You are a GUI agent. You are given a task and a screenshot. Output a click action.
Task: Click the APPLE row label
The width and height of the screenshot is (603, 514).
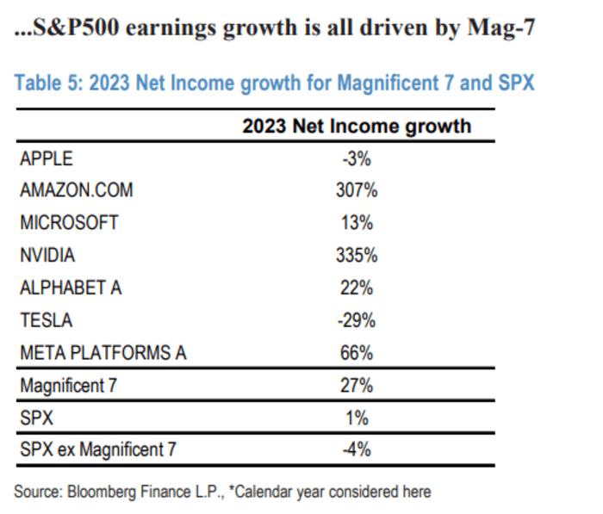(47, 158)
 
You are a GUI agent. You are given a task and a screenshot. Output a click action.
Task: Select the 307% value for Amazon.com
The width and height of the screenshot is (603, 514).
(356, 190)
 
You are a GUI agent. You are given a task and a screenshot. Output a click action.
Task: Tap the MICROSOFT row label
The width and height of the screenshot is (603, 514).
(69, 223)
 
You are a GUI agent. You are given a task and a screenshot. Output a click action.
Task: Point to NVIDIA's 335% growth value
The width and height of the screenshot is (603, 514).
(356, 256)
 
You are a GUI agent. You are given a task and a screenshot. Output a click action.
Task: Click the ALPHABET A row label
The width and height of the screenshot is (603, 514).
(71, 288)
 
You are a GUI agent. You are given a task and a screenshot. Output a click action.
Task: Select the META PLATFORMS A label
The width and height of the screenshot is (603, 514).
(103, 352)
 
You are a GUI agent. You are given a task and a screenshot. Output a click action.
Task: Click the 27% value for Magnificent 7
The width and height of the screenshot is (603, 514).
(356, 386)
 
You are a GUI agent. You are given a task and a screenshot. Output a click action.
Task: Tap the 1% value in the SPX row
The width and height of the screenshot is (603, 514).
(357, 418)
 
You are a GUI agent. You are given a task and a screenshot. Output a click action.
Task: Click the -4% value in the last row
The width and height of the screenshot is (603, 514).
(356, 450)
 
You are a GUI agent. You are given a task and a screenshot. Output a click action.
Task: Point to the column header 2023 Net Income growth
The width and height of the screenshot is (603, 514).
(356, 126)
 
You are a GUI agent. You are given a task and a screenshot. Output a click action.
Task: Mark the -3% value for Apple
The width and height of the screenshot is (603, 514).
(356, 158)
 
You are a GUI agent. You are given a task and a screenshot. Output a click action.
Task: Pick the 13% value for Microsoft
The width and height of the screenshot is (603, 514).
(356, 223)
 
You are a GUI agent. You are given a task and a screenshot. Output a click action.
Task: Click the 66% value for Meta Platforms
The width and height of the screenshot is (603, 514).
(356, 352)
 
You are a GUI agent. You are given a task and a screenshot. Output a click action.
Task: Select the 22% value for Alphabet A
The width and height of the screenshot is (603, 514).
(356, 288)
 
